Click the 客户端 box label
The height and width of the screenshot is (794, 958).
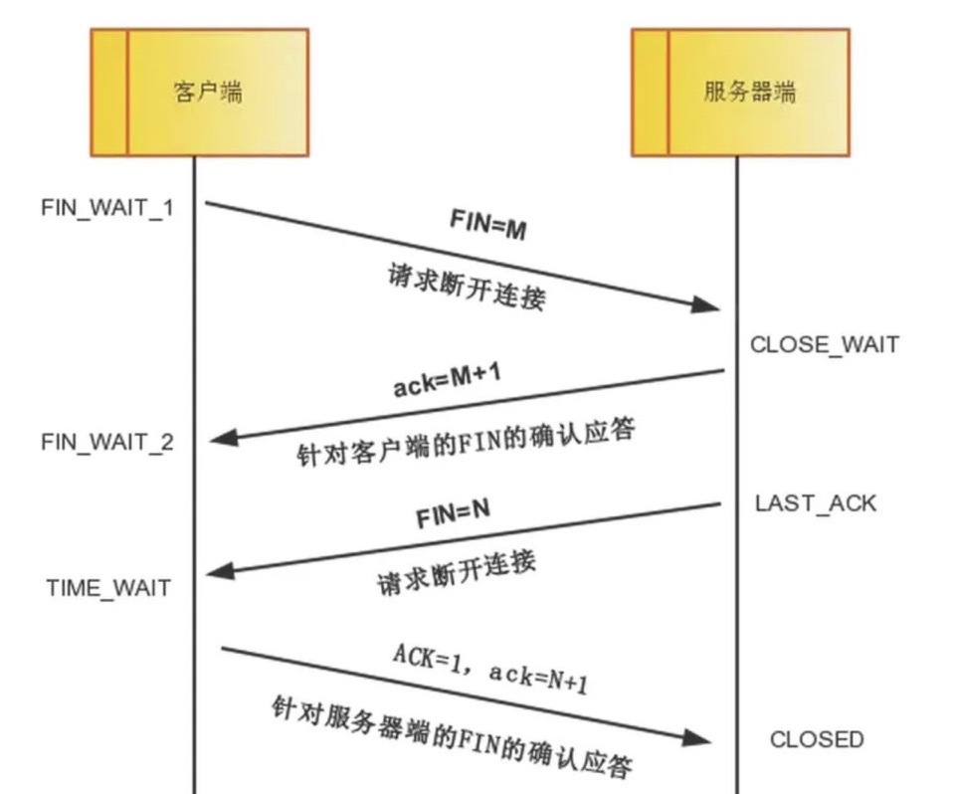(x=207, y=94)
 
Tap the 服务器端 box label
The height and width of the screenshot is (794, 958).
(x=749, y=94)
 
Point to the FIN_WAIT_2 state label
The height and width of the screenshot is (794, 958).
(x=107, y=441)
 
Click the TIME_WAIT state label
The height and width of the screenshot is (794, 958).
(x=108, y=587)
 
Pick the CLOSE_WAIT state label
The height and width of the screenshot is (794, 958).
(x=824, y=345)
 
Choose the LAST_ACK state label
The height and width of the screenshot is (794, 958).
(x=816, y=502)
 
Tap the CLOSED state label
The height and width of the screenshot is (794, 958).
(x=817, y=739)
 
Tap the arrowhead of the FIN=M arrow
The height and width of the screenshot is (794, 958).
(x=708, y=305)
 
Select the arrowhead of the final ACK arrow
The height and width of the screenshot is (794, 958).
(x=701, y=739)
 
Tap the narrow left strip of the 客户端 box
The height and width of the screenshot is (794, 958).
(x=108, y=93)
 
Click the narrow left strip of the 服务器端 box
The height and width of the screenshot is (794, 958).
(x=650, y=93)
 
